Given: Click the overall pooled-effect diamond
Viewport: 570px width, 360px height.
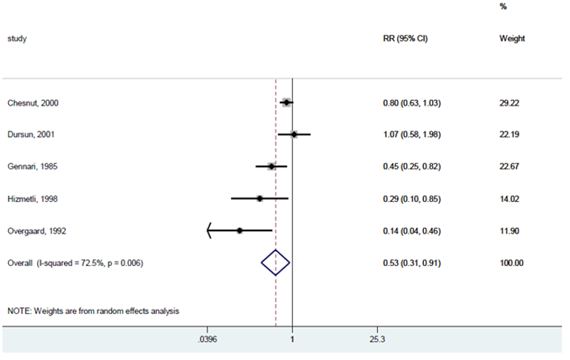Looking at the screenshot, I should [x=275, y=262].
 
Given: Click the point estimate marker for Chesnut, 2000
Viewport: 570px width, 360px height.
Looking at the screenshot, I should [x=286, y=102].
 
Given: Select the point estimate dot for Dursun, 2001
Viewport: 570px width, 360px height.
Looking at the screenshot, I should [x=294, y=135].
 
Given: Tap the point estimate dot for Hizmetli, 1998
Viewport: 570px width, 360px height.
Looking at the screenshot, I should [x=259, y=198].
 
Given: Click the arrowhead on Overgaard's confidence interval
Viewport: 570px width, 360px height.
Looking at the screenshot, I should [x=210, y=230].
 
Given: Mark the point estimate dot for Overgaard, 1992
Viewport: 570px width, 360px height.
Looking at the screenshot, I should [x=239, y=230].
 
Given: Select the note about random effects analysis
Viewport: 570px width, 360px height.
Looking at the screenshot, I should [x=93, y=311].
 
